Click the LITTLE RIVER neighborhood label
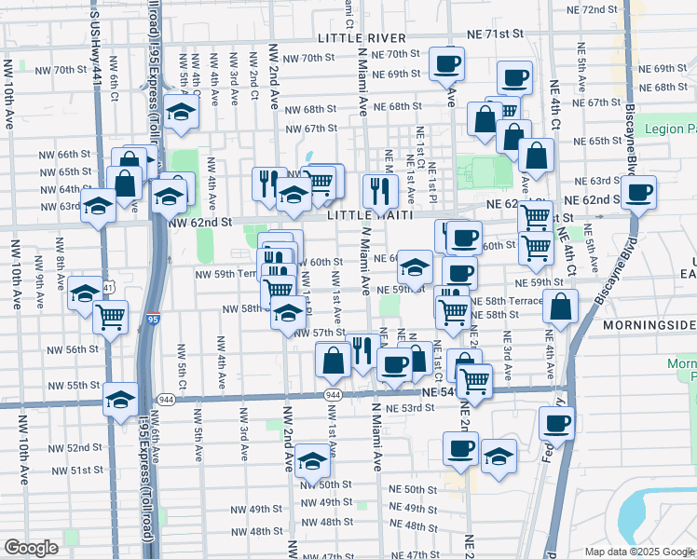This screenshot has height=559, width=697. click(x=362, y=38)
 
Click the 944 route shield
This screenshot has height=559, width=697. click(x=332, y=396)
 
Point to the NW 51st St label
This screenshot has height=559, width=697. click(x=73, y=470)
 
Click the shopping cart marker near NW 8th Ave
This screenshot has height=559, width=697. click(x=111, y=318)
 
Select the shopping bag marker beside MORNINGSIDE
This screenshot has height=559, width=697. click(x=560, y=306)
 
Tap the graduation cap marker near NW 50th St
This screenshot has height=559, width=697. click(x=313, y=461)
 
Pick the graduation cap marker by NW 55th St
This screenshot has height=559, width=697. click(x=120, y=400)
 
